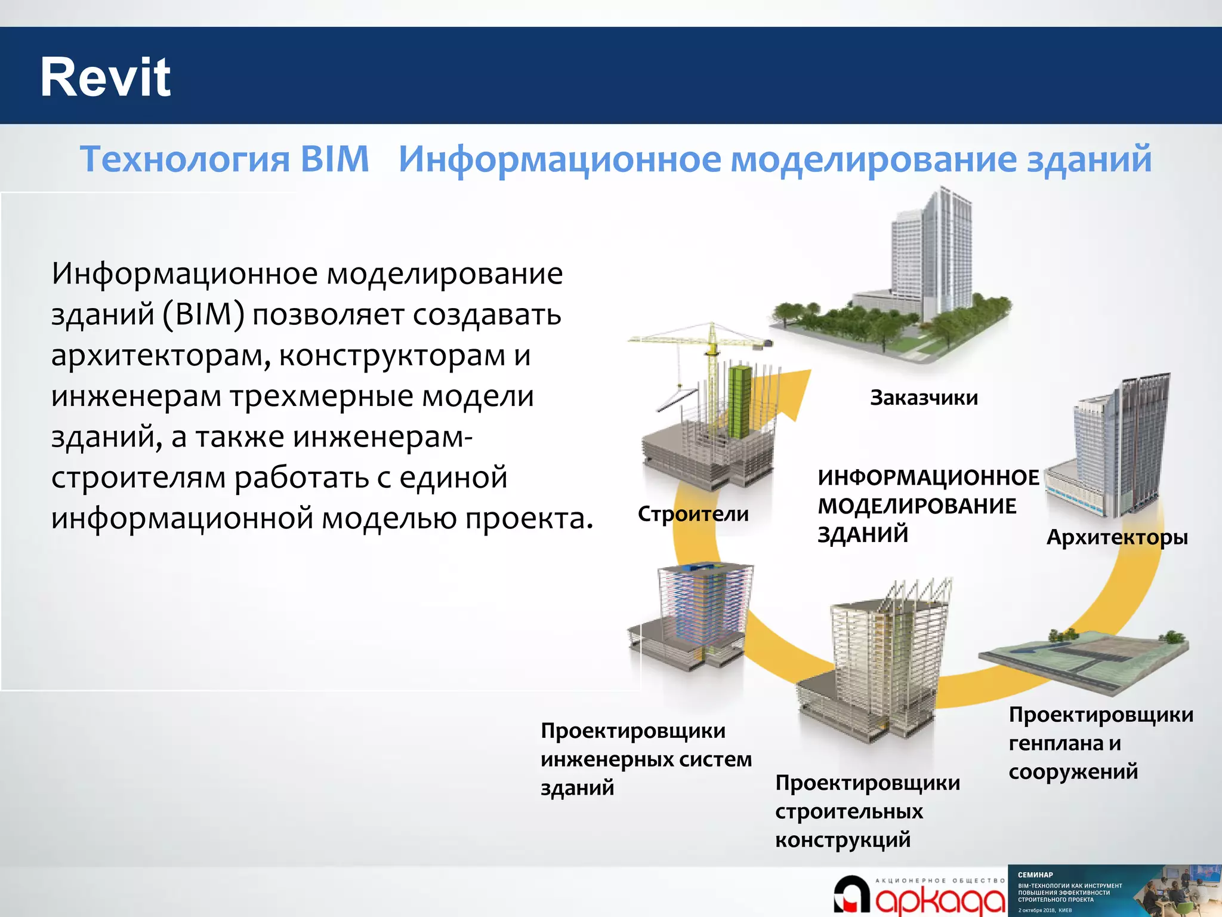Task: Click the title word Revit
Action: click(x=105, y=78)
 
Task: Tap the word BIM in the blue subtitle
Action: click(x=335, y=159)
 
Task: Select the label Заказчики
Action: click(x=924, y=398)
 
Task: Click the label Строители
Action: click(x=693, y=514)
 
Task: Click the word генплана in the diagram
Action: click(x=1056, y=744)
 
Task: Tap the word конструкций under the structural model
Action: click(x=843, y=840)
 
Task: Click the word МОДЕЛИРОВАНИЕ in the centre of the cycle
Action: click(x=916, y=506)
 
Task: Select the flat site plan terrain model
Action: click(x=1083, y=660)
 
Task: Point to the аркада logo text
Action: click(x=940, y=900)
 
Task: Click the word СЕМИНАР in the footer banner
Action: click(x=1035, y=875)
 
